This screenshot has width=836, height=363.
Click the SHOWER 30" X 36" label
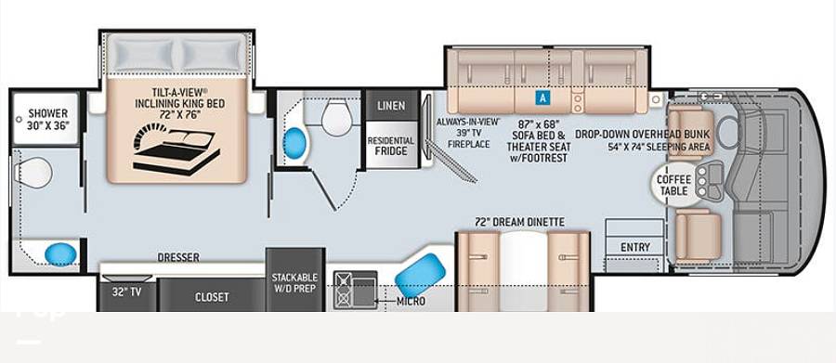pyautogui.click(x=48, y=119)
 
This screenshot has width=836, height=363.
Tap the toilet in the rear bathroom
pyautogui.click(x=33, y=172)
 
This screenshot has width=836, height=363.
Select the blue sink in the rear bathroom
pyautogui.click(x=60, y=254)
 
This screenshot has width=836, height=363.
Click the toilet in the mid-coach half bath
pyautogui.click(x=337, y=117)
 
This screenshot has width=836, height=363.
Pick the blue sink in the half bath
pyautogui.click(x=294, y=144)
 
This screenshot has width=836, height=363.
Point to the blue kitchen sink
pyautogui.click(x=420, y=275)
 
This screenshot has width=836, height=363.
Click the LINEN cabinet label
pyautogui.click(x=391, y=106)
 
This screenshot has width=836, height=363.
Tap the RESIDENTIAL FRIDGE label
pyautogui.click(x=391, y=146)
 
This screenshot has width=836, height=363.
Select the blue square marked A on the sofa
pyautogui.click(x=542, y=97)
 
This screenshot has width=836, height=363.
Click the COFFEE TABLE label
pyautogui.click(x=673, y=185)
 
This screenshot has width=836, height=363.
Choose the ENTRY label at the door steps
pyautogui.click(x=635, y=247)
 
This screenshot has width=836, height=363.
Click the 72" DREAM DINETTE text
pyautogui.click(x=520, y=222)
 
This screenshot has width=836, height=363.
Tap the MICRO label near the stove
pyautogui.click(x=411, y=302)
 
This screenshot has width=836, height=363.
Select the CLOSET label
pyautogui.click(x=212, y=297)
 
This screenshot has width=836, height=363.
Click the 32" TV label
pyautogui.click(x=125, y=292)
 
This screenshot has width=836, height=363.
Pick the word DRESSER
pyautogui.click(x=178, y=257)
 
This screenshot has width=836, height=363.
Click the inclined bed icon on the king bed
pyautogui.click(x=176, y=149)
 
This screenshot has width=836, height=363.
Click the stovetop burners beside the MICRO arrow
pyautogui.click(x=342, y=290)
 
